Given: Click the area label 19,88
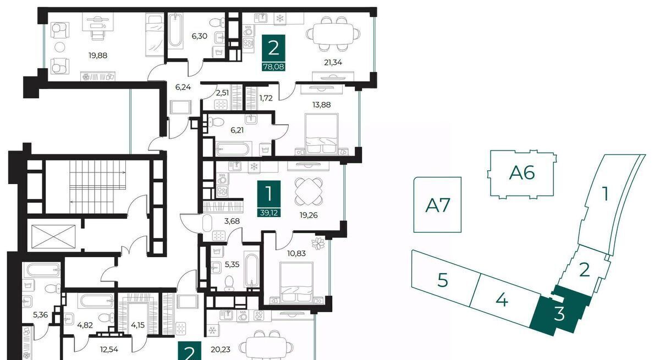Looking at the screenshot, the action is click(98, 56).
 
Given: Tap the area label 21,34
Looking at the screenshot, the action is click(333, 63).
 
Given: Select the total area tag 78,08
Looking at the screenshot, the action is click(274, 67).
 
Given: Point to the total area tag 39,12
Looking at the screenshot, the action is click(269, 213).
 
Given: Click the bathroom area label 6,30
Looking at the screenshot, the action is click(200, 36).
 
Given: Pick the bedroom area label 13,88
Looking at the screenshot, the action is click(321, 105).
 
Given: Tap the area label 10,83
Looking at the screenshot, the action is click(296, 253).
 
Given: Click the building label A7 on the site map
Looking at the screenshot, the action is click(438, 205).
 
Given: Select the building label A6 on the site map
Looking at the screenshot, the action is click(522, 173).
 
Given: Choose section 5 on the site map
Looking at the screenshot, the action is click(443, 280).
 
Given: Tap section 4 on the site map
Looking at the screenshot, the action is click(502, 300).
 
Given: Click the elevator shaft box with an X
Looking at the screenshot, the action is click(53, 237).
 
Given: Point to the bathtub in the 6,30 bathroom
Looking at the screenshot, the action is click(175, 31).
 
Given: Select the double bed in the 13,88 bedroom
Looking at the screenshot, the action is click(322, 134).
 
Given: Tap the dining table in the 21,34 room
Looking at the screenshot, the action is click(333, 34).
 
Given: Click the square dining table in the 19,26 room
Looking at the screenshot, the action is click(308, 192).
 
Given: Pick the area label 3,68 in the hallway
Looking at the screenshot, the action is click(232, 221).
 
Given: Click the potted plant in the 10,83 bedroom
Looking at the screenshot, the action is click(318, 243).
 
